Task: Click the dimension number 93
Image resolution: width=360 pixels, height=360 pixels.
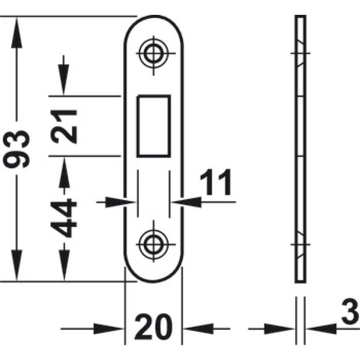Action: click(x=16, y=149)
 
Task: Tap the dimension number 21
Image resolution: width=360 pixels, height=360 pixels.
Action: click(x=63, y=127)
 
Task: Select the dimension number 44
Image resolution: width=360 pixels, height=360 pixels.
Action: click(x=63, y=218)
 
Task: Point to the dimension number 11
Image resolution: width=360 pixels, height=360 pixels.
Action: click(x=216, y=183)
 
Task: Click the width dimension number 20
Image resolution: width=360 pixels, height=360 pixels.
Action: click(x=153, y=327)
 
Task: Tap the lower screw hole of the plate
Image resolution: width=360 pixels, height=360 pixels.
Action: click(x=153, y=244)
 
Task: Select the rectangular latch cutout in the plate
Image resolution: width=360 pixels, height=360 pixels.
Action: click(x=153, y=126)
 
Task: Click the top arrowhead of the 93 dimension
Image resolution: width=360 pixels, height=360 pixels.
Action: click(x=17, y=33)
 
